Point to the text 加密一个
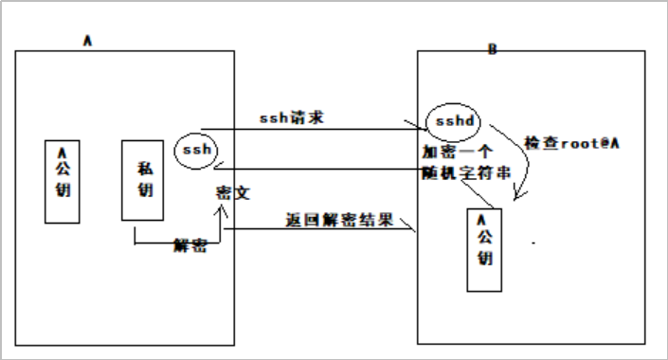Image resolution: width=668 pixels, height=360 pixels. click(457, 152)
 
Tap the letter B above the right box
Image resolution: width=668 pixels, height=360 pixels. click(492, 48)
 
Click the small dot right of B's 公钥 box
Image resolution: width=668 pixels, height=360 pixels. click(534, 243)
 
